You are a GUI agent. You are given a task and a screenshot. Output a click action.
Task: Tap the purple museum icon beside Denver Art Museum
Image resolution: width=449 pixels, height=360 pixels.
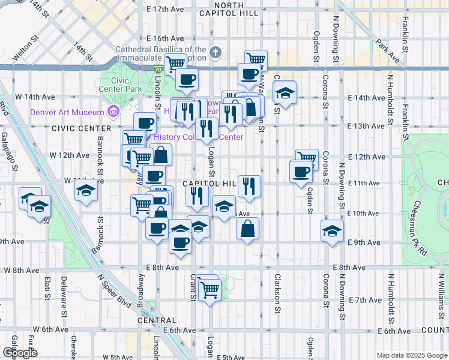[x=112, y=112]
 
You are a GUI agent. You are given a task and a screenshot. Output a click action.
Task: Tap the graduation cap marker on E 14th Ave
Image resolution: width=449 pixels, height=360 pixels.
[x=286, y=93]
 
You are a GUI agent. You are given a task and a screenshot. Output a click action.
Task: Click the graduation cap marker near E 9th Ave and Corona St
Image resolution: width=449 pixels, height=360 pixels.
[x=332, y=231]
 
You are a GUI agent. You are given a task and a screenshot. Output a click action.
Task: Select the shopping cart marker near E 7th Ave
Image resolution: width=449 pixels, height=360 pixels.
[x=210, y=291]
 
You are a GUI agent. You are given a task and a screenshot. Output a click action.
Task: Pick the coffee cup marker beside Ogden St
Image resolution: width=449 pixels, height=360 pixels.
[x=301, y=172]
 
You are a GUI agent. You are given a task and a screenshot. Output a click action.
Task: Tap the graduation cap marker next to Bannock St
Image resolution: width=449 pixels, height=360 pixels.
[x=86, y=191]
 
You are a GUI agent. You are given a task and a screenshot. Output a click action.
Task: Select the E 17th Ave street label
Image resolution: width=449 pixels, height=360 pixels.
[x=166, y=10]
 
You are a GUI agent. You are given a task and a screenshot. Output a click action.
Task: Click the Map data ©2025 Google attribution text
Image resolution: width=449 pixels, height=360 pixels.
[x=411, y=355]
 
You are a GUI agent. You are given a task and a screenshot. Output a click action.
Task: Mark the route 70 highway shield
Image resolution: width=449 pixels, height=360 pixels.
[x=157, y=70]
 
